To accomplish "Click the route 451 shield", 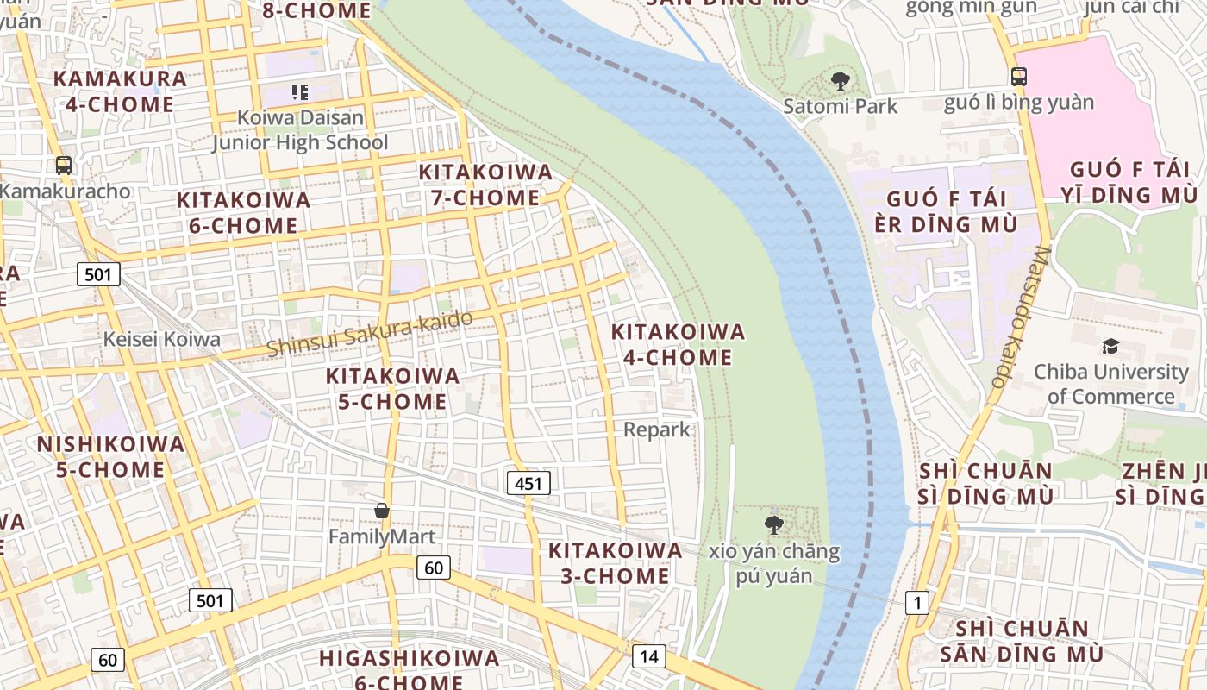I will (x=528, y=483).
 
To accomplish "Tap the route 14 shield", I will (x=648, y=656).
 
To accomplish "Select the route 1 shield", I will (x=916, y=603).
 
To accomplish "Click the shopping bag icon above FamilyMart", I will (x=382, y=511).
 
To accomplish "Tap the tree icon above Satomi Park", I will (x=840, y=82).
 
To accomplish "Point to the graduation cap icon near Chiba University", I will (x=1110, y=347).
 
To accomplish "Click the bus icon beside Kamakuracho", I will (x=63, y=165).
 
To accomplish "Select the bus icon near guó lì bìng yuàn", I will (x=1019, y=76).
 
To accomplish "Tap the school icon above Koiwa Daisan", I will (x=299, y=91).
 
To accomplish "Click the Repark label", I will (x=657, y=429).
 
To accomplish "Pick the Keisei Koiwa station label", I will (x=162, y=339).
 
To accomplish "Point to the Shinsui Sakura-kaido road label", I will (x=370, y=333).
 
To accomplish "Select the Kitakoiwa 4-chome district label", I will (x=678, y=344).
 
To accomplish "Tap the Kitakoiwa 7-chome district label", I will (x=485, y=185).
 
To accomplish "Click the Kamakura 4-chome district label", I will (x=120, y=91).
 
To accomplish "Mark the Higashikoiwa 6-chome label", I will (x=409, y=668).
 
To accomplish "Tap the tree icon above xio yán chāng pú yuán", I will (x=773, y=524).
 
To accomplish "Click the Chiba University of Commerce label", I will (x=1110, y=384).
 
